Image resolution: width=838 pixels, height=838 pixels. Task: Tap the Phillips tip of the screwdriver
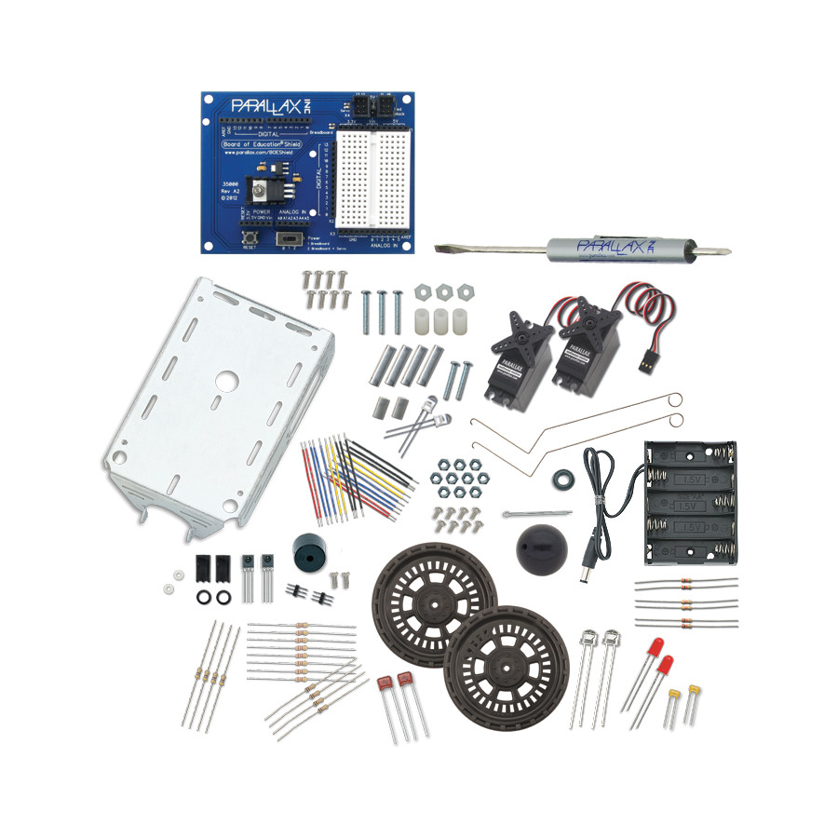pos(721,250)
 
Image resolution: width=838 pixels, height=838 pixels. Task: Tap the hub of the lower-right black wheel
pos(493,656)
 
